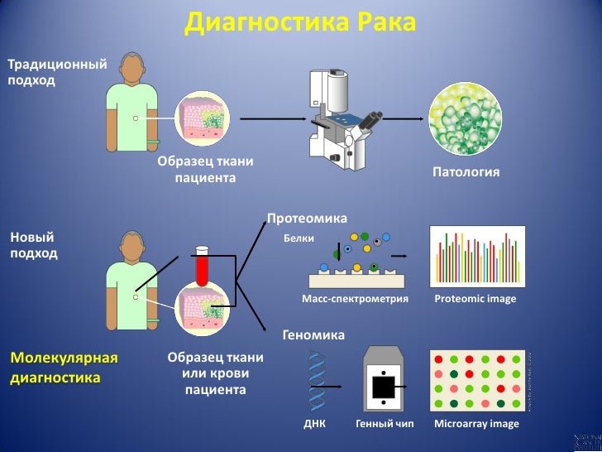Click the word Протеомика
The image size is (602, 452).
click(307, 219)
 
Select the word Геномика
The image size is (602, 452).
click(313, 335)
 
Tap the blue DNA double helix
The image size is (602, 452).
click(315, 380)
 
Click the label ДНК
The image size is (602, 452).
click(315, 424)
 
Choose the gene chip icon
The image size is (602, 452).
click(384, 380)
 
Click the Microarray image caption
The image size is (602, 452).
click(476, 424)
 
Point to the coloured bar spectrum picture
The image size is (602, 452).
click(478, 257)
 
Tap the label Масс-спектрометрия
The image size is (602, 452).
click(356, 299)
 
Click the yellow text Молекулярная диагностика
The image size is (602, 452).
click(64, 368)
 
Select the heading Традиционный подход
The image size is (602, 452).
click(57, 72)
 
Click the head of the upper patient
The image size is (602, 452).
click(134, 66)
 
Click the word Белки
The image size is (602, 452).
click(299, 238)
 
